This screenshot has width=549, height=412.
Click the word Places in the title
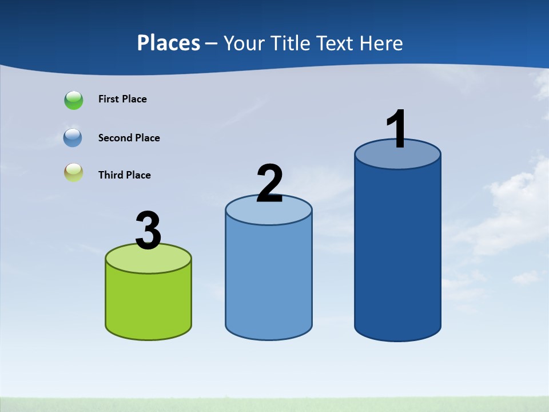pos(169,43)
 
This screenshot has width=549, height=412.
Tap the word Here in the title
pos(381,43)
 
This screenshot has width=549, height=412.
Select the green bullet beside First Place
pos(74,100)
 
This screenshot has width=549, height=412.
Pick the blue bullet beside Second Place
pos(73,138)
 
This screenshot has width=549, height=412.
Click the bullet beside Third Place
pos(73,173)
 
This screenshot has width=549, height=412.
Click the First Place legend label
pos(122,99)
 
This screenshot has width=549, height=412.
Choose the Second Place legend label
pos(129,138)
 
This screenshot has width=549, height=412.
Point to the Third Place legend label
pos(124,175)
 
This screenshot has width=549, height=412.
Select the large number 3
pos(148,231)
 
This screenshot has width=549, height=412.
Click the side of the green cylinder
pos(148,303)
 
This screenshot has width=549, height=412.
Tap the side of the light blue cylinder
pos(269,280)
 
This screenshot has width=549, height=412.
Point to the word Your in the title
pos(242,43)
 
